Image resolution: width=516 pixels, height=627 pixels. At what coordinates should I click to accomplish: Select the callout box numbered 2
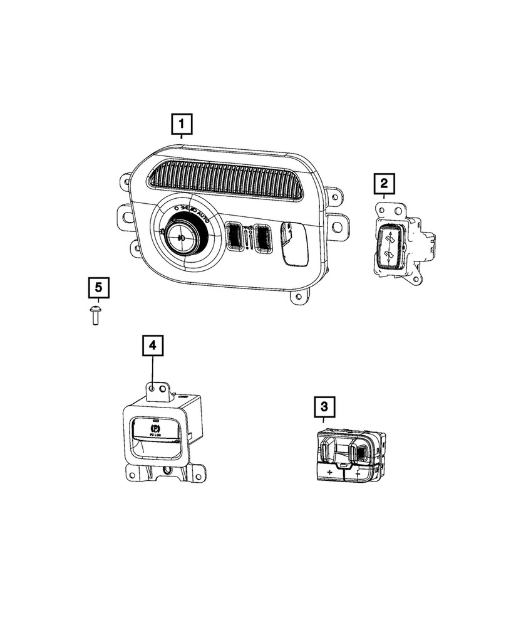click(384, 184)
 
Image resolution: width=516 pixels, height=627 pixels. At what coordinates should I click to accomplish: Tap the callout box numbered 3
click(324, 408)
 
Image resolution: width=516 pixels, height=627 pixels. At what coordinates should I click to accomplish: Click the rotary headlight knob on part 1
click(182, 235)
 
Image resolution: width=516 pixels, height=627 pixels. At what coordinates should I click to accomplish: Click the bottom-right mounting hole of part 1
click(299, 295)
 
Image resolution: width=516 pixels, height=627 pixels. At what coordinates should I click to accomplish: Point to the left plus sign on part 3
click(329, 470)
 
